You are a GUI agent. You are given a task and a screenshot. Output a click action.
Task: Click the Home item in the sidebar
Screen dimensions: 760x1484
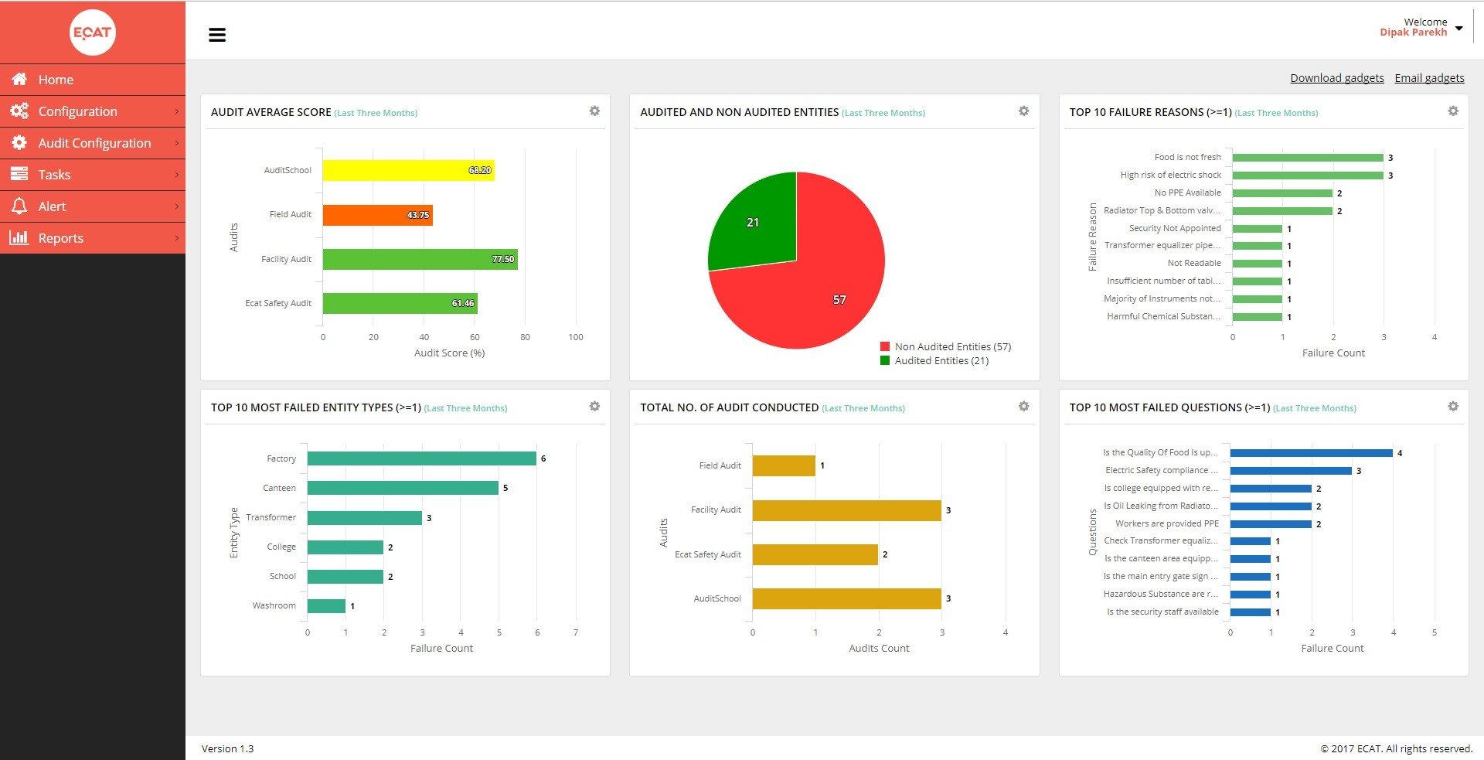click(56, 80)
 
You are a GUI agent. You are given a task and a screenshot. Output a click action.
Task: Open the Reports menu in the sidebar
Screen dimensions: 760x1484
click(60, 238)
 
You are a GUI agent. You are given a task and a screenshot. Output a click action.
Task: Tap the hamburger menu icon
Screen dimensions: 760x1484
click(217, 35)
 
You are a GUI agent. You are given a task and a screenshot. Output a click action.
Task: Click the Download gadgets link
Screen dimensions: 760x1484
click(1336, 78)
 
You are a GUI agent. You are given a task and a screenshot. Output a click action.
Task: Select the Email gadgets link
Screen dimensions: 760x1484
click(1429, 78)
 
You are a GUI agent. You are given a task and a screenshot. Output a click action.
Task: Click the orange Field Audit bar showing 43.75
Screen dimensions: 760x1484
click(377, 215)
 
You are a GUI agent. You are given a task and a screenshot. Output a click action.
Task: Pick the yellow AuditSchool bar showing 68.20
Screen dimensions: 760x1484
click(408, 170)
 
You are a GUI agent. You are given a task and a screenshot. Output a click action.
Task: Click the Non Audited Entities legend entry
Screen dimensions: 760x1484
click(951, 347)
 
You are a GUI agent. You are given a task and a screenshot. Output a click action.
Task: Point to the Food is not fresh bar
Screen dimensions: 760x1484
click(1307, 158)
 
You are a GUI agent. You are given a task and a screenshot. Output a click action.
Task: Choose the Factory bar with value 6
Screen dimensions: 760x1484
click(421, 458)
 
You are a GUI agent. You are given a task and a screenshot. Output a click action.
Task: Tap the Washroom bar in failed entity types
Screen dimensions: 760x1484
click(326, 606)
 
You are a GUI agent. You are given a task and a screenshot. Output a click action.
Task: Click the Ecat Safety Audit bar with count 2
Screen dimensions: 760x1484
click(815, 554)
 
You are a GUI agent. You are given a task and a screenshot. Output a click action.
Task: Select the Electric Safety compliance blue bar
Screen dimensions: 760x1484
click(1291, 471)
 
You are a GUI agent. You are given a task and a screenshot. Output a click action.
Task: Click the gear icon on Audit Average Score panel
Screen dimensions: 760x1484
click(594, 111)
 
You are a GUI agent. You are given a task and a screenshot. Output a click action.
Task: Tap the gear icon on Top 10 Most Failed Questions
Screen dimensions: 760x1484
click(1453, 407)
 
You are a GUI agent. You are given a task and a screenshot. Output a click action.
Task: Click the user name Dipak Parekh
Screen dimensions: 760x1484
click(1413, 32)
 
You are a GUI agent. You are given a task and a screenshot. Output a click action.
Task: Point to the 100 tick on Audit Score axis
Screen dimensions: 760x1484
click(576, 337)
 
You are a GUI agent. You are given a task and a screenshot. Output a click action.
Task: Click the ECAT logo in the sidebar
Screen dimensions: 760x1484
click(93, 32)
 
